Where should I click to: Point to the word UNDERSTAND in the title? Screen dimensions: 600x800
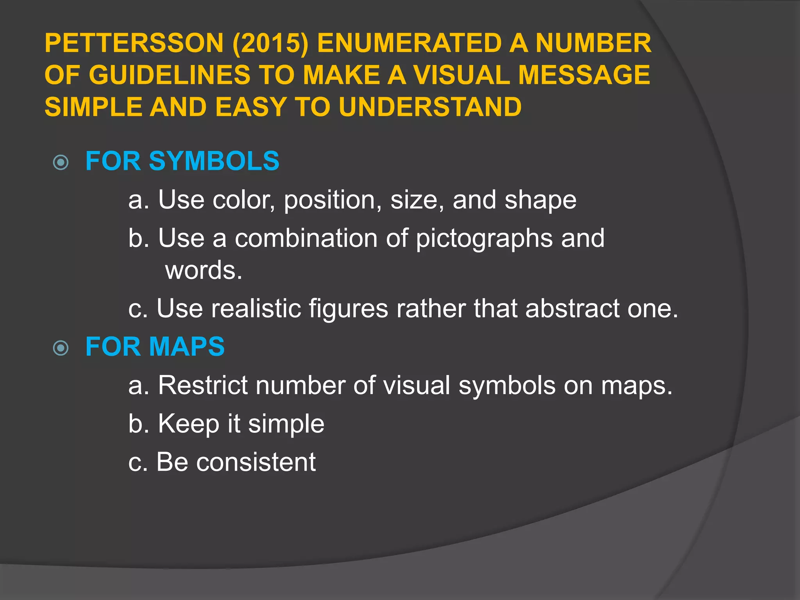coord(430,107)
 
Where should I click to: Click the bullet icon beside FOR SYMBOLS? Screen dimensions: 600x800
coord(61,162)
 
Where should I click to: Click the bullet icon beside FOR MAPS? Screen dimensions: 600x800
coord(61,348)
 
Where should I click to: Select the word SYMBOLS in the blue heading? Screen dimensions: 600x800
coord(214,161)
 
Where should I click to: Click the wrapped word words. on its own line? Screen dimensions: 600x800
coord(204,270)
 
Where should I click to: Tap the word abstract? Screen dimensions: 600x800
coord(572,309)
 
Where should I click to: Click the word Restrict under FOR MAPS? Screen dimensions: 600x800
coord(203,386)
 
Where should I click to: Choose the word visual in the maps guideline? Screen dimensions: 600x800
coord(416,386)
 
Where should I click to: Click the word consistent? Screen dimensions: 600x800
coord(256,462)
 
